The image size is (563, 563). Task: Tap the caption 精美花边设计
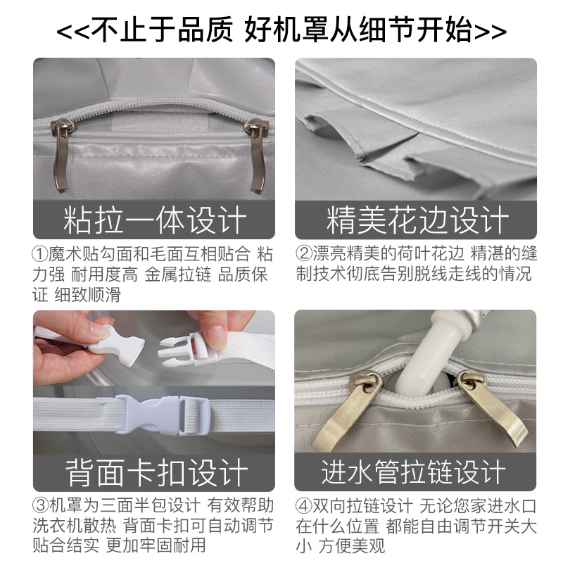coord(417,220)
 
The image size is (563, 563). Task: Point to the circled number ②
coord(304,255)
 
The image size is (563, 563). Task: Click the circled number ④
coord(304,506)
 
